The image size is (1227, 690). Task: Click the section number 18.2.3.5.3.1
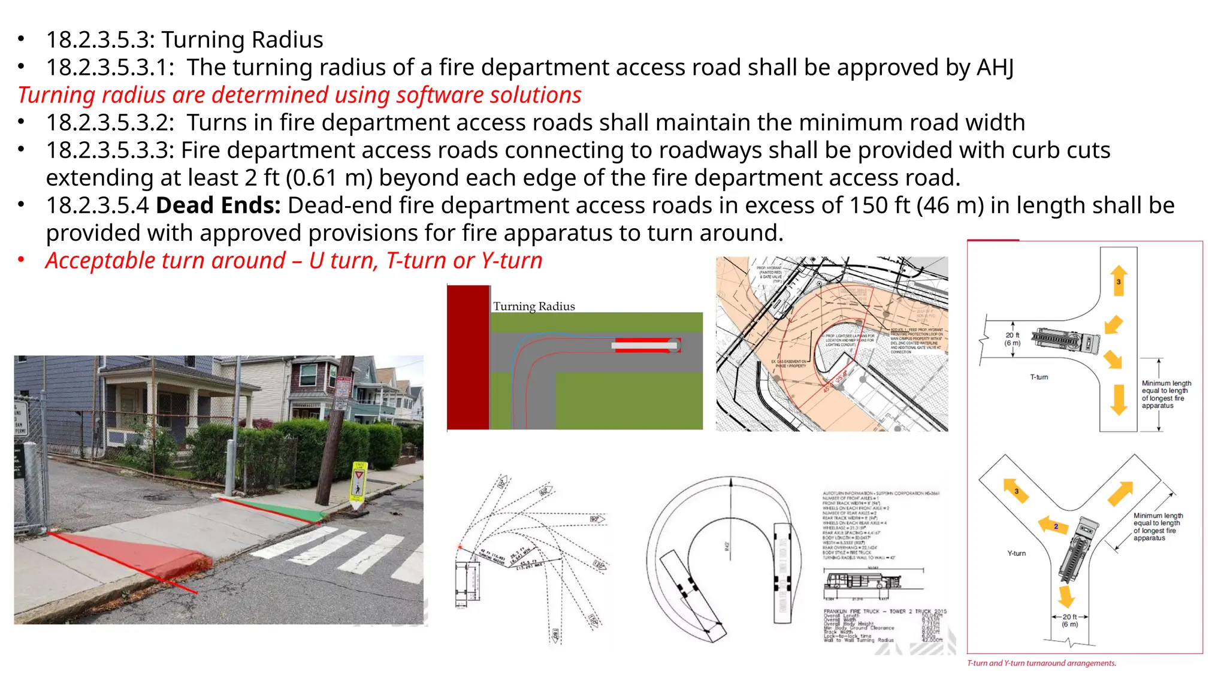point(110,67)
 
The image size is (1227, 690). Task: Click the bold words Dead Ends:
point(218,205)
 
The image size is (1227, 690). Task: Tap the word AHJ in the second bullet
point(995,67)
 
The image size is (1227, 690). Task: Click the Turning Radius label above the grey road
point(534,306)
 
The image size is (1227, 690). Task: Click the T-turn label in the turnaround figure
point(1039,377)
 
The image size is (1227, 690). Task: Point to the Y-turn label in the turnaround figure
point(1016,553)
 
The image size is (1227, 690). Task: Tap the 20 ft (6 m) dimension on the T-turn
point(1013,339)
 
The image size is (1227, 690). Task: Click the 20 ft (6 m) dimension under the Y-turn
point(1069,621)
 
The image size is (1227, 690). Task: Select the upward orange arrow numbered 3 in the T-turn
point(1118,280)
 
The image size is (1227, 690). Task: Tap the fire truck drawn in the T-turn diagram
point(1065,340)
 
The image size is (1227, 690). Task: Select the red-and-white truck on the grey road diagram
point(646,345)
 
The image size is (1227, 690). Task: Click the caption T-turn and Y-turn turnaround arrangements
point(1041,663)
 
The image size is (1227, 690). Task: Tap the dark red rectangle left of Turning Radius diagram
point(468,357)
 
